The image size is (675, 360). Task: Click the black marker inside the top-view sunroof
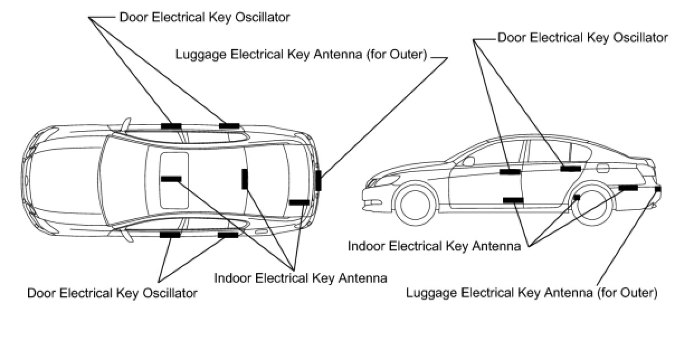[171, 179]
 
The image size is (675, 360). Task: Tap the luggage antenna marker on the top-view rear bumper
[318, 181]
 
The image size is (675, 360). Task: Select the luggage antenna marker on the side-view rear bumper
[658, 189]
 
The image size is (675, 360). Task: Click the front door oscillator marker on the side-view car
[510, 172]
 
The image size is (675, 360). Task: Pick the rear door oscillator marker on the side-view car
[571, 168]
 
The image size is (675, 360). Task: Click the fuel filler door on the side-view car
[605, 167]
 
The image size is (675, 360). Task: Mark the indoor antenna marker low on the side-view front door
[512, 200]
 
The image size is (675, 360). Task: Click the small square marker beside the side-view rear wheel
[577, 197]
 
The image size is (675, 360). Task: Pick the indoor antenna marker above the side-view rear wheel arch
[628, 188]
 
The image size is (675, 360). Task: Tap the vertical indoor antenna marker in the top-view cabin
[245, 179]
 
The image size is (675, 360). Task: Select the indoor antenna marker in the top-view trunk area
[300, 202]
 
